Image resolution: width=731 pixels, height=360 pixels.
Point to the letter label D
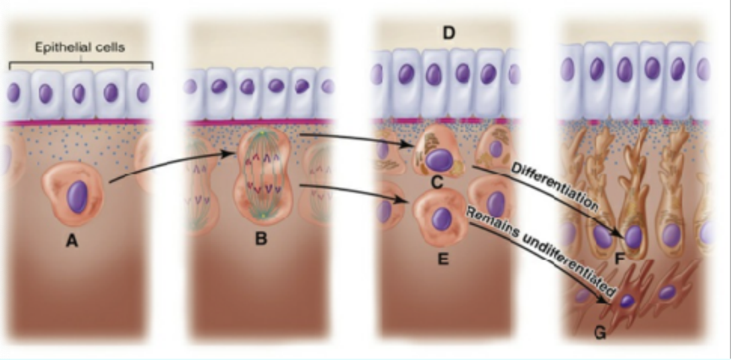[449, 32]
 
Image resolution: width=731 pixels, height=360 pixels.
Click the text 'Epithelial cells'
[81, 48]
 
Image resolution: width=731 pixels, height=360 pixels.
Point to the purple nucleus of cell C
[438, 159]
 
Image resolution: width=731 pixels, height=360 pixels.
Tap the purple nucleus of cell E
[442, 218]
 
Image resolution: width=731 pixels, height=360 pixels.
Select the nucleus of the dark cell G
[626, 300]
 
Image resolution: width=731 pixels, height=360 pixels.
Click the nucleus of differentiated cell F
[634, 237]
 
